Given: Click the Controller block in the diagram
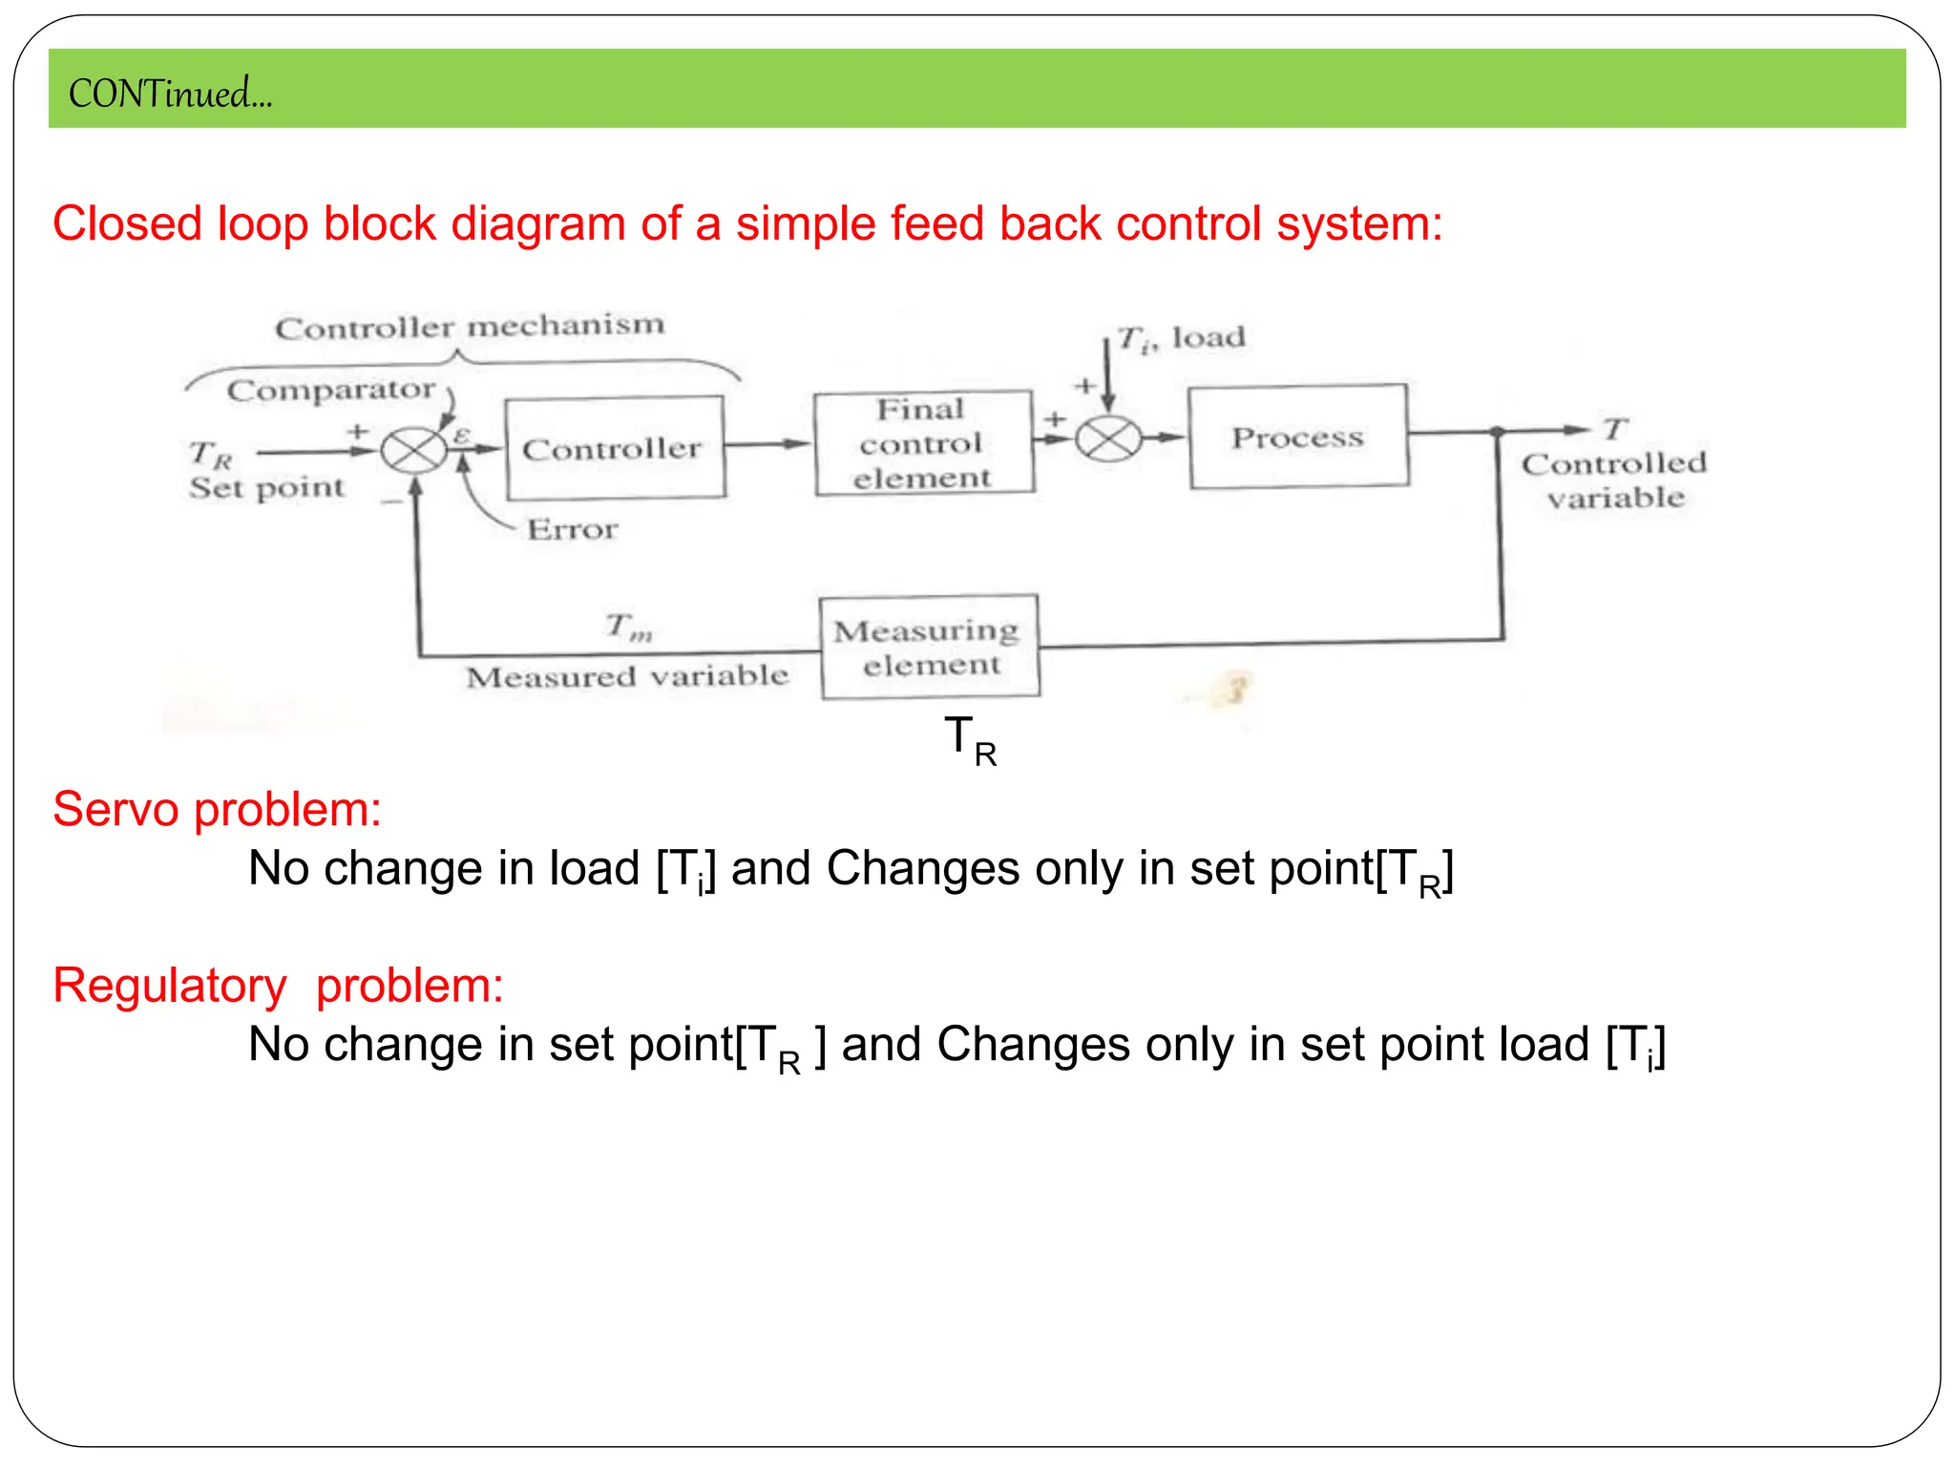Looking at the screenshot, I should pyautogui.click(x=614, y=448).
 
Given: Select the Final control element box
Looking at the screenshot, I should pyautogui.click(x=923, y=442).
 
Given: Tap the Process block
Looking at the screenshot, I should pyautogui.click(x=1298, y=436).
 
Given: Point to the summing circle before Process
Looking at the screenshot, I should pyautogui.click(x=1108, y=439).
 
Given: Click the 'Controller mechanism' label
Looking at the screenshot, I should pyautogui.click(x=470, y=327).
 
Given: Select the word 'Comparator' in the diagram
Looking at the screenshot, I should pyautogui.click(x=331, y=390).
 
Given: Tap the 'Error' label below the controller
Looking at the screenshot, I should pyautogui.click(x=573, y=529).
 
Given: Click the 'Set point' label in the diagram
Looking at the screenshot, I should pyautogui.click(x=266, y=487).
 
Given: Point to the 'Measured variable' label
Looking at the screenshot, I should pyautogui.click(x=627, y=676).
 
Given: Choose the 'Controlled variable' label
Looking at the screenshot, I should pyautogui.click(x=1614, y=480).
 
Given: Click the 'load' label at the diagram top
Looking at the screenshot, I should pyautogui.click(x=1209, y=337).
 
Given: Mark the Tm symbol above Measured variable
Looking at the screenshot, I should pyautogui.click(x=629, y=627).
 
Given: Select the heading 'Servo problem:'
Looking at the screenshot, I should pyautogui.click(x=217, y=809).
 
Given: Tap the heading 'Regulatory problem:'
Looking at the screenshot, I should pyautogui.click(x=278, y=985).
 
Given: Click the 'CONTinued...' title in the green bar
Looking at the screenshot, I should pyautogui.click(x=170, y=94).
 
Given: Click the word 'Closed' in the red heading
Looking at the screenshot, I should pyautogui.click(x=127, y=223).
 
